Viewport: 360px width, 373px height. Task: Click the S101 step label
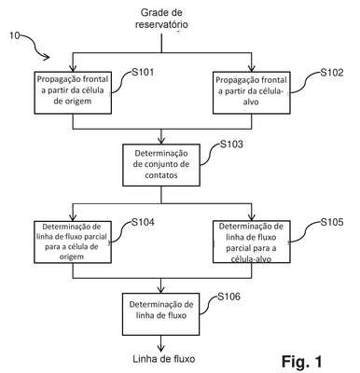(x=143, y=73)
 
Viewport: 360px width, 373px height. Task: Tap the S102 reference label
(x=332, y=73)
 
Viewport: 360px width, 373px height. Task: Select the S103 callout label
(x=231, y=145)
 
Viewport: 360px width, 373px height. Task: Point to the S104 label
(x=143, y=222)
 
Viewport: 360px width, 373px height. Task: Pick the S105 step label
(x=332, y=222)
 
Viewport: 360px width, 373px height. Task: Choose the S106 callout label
(x=228, y=297)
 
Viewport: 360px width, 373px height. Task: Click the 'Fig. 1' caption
(x=302, y=362)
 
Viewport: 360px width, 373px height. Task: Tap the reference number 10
(x=14, y=35)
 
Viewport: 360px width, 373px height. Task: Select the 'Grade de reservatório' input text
(x=161, y=19)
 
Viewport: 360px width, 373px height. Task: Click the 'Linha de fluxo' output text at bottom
(x=164, y=359)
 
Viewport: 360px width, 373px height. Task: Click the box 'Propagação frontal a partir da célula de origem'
(x=73, y=92)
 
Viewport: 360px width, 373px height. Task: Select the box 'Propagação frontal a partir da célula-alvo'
(x=252, y=92)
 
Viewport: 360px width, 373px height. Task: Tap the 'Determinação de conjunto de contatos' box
(x=161, y=165)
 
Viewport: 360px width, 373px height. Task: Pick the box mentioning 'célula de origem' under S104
(x=73, y=242)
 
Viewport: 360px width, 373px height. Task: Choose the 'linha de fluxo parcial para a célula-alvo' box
(x=252, y=242)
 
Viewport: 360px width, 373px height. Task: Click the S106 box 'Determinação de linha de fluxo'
(x=161, y=314)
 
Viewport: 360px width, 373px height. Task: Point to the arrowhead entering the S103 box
(x=161, y=141)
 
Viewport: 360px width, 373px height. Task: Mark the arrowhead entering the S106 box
(x=161, y=290)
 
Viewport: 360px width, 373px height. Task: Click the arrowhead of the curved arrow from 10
(x=47, y=57)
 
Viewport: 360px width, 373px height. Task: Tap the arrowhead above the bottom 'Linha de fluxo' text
(x=161, y=348)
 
